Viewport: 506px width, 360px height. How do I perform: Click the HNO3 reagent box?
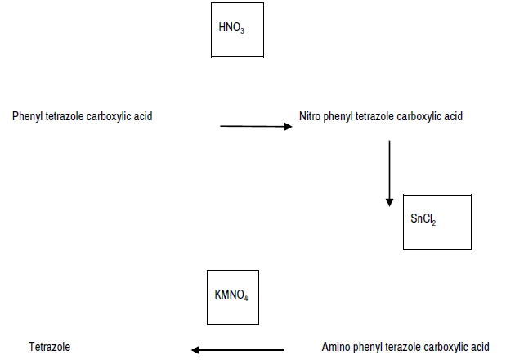pos(237,29)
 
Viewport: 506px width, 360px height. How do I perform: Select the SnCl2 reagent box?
pos(437,221)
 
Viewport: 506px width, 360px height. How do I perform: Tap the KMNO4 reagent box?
pos(233,295)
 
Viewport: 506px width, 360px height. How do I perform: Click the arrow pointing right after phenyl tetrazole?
pos(256,127)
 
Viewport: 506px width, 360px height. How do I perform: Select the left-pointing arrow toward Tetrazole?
pos(237,350)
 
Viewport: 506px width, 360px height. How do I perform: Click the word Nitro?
pos(311,116)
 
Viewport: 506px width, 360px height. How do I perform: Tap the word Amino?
pos(336,347)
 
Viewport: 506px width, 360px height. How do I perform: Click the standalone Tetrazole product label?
pos(50,347)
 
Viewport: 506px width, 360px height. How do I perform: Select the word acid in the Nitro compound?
pos(454,116)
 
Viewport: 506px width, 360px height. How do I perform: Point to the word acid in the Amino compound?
pos(480,347)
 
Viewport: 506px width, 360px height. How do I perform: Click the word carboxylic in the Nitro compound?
pos(419,116)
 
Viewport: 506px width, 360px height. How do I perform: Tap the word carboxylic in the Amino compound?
pos(446,347)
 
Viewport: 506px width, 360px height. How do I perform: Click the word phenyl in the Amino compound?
pos(366,347)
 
